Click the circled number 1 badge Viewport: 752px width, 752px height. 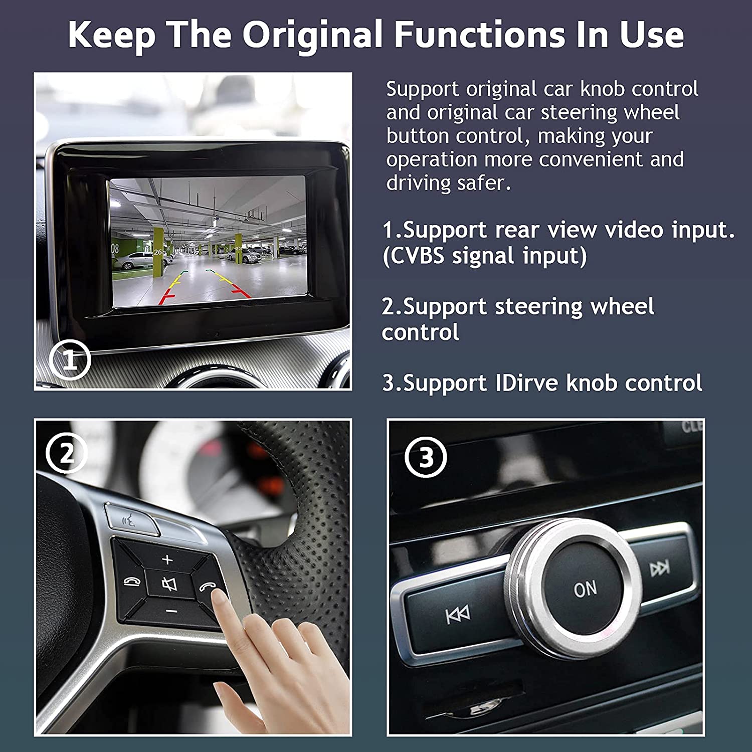click(70, 360)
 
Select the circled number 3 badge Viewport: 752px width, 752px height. click(426, 457)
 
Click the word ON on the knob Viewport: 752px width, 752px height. click(585, 589)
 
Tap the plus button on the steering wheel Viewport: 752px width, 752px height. click(167, 559)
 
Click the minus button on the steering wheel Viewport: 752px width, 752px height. click(171, 611)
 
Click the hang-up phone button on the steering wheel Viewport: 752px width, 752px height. click(132, 582)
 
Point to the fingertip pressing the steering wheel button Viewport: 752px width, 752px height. click(219, 597)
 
